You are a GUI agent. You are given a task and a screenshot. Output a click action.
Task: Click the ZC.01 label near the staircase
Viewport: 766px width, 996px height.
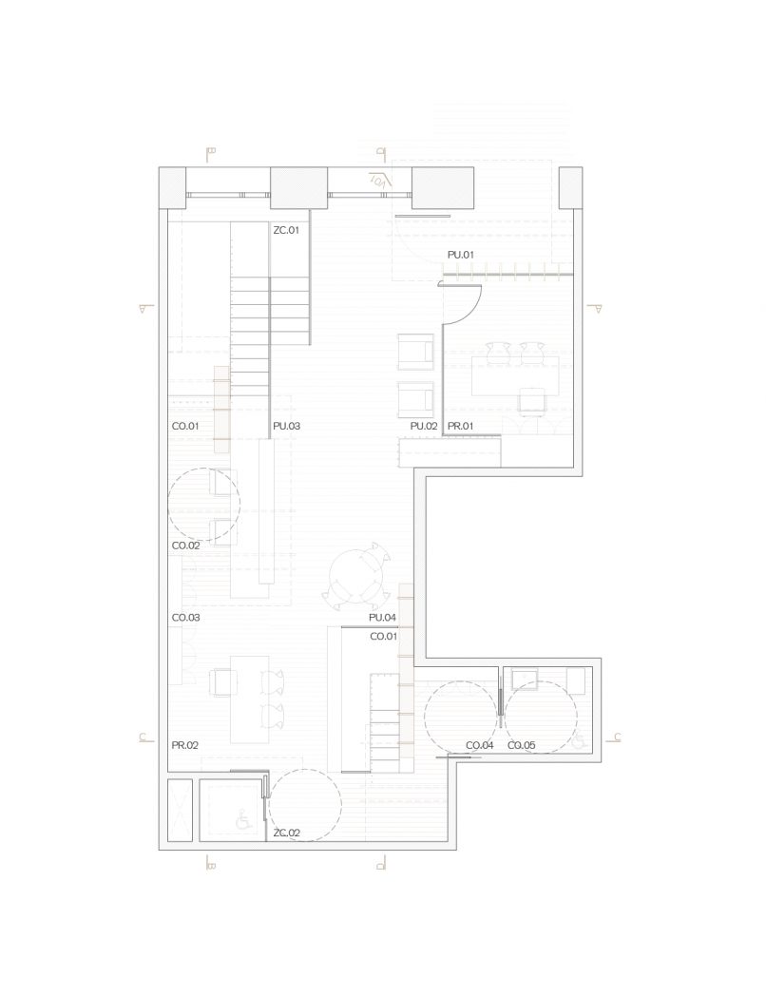point(286,230)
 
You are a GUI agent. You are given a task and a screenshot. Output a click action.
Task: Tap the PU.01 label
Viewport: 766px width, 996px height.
point(461,255)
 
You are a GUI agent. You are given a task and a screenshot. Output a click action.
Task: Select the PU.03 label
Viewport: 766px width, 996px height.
point(286,426)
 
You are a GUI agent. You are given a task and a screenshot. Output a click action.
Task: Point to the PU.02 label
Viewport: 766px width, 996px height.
point(424,426)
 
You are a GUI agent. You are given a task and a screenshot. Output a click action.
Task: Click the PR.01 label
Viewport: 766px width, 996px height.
point(461,426)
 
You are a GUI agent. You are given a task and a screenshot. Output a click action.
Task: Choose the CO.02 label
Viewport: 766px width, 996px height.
point(185,546)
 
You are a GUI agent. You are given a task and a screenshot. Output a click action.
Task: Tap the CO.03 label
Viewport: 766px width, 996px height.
point(185,618)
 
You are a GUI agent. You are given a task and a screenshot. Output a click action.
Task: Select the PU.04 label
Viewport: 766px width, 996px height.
point(382,618)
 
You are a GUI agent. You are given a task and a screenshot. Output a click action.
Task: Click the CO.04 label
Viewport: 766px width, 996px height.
point(480,745)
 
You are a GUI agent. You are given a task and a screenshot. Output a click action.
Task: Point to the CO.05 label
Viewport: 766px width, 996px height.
point(522,745)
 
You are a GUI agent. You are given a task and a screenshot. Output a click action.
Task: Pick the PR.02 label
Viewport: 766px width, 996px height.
point(184,745)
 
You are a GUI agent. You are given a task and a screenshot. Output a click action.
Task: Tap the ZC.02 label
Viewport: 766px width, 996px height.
point(286,833)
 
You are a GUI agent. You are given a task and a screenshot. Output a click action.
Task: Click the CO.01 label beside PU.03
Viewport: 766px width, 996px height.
point(185,426)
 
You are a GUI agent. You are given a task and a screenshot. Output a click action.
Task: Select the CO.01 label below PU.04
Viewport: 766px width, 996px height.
point(384,637)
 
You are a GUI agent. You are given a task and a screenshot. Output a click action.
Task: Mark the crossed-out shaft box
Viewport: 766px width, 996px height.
point(180,810)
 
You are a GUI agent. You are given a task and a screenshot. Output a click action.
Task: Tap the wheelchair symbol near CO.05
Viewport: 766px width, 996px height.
point(579,740)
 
